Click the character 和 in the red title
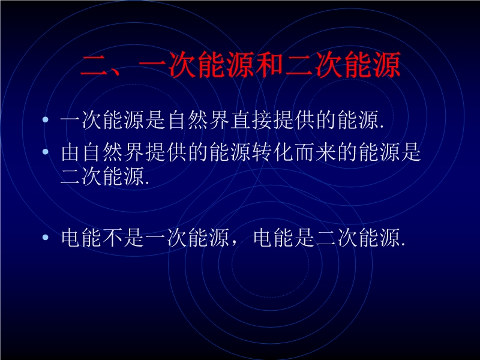(269, 65)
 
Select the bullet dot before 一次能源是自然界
(46, 119)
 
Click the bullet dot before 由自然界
(46, 151)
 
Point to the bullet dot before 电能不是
(46, 237)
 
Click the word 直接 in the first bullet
(251, 119)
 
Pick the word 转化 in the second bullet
(273, 152)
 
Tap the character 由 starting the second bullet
(71, 152)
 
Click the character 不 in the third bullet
(113, 238)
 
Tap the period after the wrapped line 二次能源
(147, 184)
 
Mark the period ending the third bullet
(403, 244)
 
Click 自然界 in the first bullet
(198, 119)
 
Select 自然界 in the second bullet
(113, 152)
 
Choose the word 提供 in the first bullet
(295, 119)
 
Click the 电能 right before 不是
(81, 238)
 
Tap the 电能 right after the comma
(274, 238)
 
